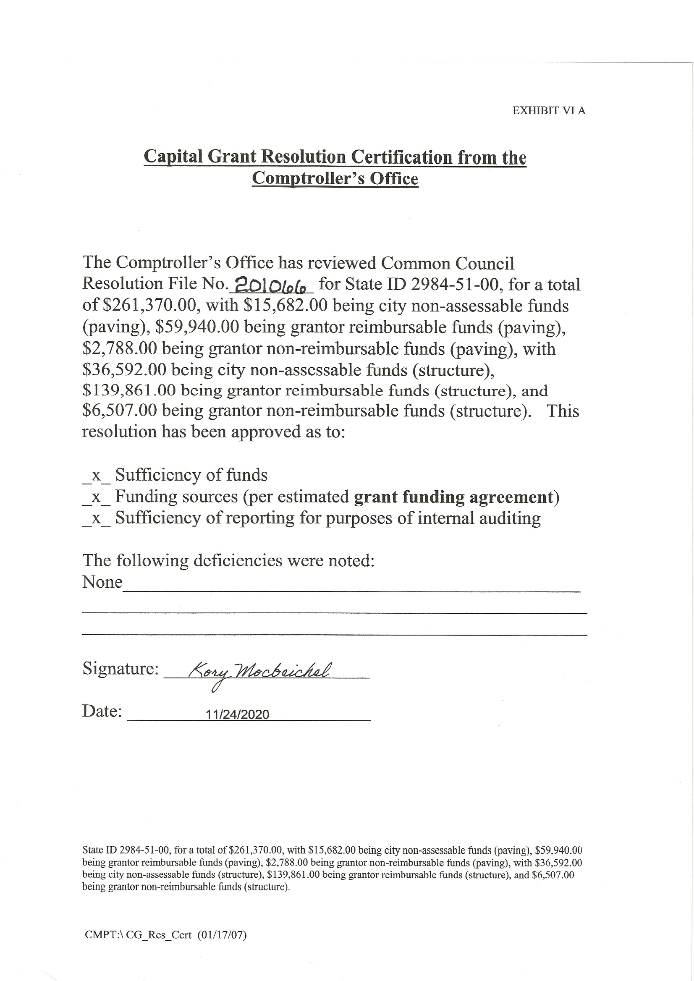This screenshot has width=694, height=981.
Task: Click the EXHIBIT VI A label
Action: point(549,111)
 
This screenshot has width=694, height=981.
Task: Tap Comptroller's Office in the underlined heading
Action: point(335,178)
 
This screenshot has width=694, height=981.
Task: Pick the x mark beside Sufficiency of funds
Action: point(96,476)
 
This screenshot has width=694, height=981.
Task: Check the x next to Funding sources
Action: point(96,497)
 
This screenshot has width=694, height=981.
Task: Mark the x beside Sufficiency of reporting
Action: point(96,518)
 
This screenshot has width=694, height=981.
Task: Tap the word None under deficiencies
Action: point(102,582)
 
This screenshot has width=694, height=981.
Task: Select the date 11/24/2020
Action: point(237,714)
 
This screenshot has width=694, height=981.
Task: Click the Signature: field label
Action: point(120,669)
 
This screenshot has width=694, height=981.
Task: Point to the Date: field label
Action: point(102,711)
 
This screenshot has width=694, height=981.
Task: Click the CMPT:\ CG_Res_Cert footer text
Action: point(138,935)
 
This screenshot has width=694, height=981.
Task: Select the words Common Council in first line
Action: point(448,263)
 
